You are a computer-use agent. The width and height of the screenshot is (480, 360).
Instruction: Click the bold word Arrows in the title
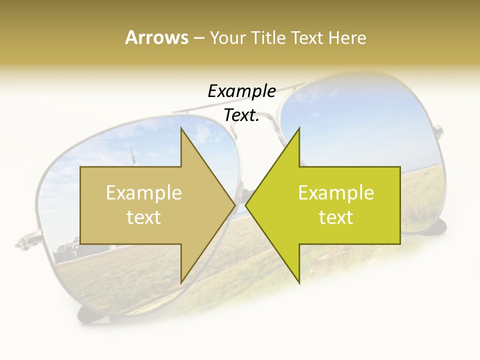[x=156, y=37]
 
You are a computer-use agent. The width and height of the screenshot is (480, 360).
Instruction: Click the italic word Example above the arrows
[x=241, y=91]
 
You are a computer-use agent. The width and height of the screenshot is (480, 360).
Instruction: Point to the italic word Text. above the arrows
[x=241, y=115]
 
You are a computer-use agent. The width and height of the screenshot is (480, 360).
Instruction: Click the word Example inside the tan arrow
[x=144, y=192]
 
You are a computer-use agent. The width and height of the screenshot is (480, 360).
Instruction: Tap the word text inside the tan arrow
[x=144, y=217]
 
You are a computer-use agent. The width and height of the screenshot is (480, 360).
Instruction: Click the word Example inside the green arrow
[x=336, y=192]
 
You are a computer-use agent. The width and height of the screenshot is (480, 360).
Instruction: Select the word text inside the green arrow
[x=336, y=217]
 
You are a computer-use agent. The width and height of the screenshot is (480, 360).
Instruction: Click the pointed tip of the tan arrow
[x=235, y=205]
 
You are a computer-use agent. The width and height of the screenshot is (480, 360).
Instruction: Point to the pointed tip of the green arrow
[x=245, y=205]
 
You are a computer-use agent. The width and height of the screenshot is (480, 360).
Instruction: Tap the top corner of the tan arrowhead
[x=181, y=127]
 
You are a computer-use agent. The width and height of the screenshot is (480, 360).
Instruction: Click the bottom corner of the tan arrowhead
[x=181, y=283]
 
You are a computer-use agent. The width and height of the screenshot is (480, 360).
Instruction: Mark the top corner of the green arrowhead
[x=299, y=127]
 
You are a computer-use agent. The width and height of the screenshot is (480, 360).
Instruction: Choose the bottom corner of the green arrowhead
[x=299, y=283]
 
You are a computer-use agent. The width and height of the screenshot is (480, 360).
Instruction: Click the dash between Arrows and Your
[x=198, y=38]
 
